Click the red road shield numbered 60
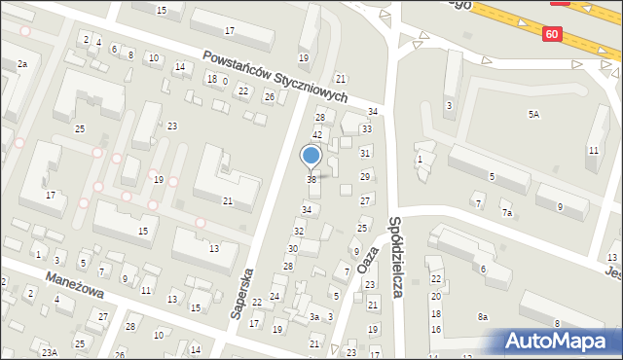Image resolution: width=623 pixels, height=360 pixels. (552, 34)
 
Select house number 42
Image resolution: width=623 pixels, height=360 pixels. (316, 134)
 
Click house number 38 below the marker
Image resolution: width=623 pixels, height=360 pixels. (311, 179)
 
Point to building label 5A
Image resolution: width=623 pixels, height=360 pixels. (533, 114)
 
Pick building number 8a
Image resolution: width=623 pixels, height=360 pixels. (482, 317)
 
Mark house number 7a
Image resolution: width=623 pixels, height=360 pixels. (506, 212)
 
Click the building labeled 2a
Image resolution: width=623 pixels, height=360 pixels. (21, 63)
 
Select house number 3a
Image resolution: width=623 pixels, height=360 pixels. (314, 317)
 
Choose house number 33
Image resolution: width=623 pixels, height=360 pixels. (367, 128)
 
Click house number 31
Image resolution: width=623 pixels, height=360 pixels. (365, 153)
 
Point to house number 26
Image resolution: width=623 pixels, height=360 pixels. (270, 96)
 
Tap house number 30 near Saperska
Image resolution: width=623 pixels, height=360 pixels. (292, 249)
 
